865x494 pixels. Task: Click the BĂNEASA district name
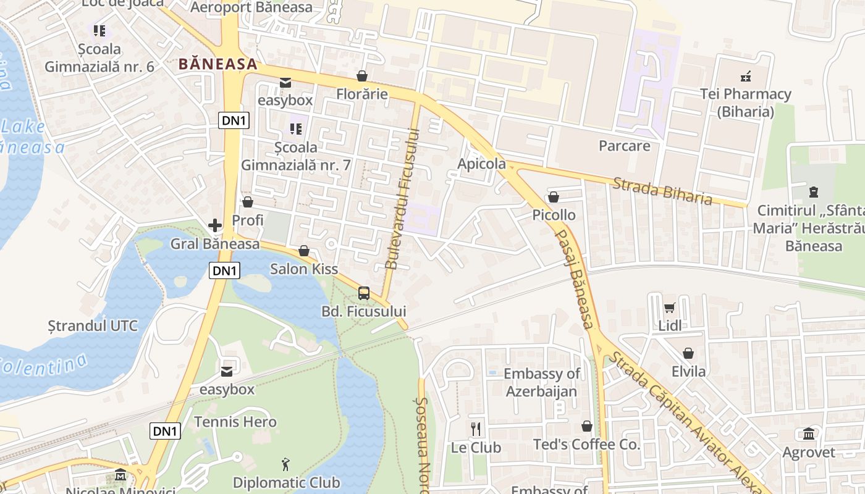pyautogui.click(x=217, y=64)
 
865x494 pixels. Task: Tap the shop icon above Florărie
pyautogui.click(x=362, y=76)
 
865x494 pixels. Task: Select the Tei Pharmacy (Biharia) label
pyautogui.click(x=745, y=103)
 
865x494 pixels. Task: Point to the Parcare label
pyautogui.click(x=624, y=146)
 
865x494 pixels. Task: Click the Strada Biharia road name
pyautogui.click(x=662, y=191)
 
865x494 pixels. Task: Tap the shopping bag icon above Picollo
pyautogui.click(x=554, y=197)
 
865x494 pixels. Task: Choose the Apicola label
pyautogui.click(x=481, y=164)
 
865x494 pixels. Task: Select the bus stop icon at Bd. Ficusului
pyautogui.click(x=364, y=293)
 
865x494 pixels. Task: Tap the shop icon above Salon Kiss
pyautogui.click(x=304, y=251)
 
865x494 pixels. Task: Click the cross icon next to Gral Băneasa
pyautogui.click(x=215, y=225)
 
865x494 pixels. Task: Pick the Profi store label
pyautogui.click(x=248, y=220)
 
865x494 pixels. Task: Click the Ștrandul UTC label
pyautogui.click(x=93, y=325)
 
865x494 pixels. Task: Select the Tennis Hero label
pyautogui.click(x=235, y=422)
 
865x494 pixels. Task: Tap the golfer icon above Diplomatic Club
pyautogui.click(x=285, y=464)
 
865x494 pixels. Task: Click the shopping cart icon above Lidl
pyautogui.click(x=670, y=308)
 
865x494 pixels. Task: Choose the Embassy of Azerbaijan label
pyautogui.click(x=542, y=382)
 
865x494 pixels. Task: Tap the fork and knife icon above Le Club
pyautogui.click(x=476, y=429)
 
